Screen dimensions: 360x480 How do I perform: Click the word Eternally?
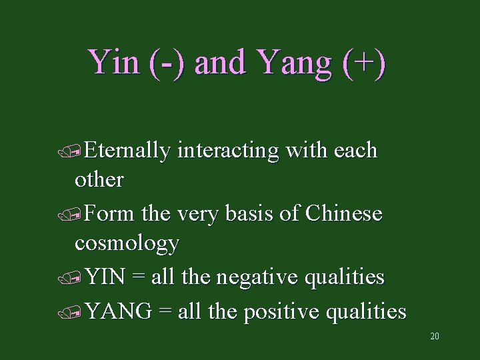coord(129,151)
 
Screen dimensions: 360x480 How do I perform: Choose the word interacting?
coord(227,151)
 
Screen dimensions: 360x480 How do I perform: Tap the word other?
coord(99,179)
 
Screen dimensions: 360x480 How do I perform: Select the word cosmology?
coord(127,243)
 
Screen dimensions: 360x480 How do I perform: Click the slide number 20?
coord(435,336)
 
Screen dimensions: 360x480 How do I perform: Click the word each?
coord(355,151)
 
